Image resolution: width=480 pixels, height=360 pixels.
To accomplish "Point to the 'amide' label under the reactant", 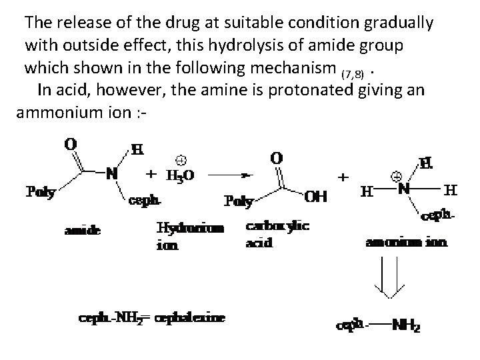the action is pyautogui.click(x=83, y=231).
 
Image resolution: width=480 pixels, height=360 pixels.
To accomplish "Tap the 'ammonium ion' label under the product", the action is pyautogui.click(x=407, y=242).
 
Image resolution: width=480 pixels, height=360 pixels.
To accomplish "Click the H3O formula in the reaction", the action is pyautogui.click(x=179, y=176).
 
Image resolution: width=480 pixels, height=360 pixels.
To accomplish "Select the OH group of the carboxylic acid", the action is pyautogui.click(x=316, y=196).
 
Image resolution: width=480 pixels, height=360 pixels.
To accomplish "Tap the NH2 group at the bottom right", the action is pyautogui.click(x=406, y=326).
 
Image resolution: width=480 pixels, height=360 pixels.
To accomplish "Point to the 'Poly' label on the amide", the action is pyautogui.click(x=41, y=193).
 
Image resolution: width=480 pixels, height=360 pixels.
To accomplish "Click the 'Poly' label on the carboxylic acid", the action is pyautogui.click(x=239, y=200).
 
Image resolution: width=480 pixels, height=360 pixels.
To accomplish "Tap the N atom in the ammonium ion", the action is pyautogui.click(x=404, y=189).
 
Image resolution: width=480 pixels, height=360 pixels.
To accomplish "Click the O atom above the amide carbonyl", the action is pyautogui.click(x=70, y=144).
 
